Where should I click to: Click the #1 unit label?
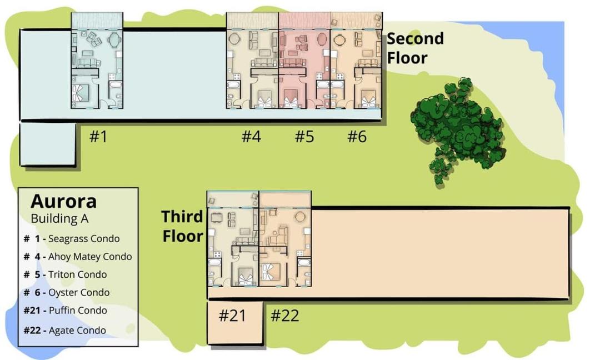tap(98, 136)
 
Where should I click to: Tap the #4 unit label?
tap(252, 136)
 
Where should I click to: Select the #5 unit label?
tap(304, 136)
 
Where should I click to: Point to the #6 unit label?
tap(357, 136)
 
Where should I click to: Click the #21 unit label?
tap(232, 316)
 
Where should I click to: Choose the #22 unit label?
tap(284, 316)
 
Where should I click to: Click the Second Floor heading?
tap(415, 48)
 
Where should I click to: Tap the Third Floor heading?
tap(183, 226)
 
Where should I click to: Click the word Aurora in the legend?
tap(63, 201)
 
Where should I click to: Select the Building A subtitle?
tap(59, 218)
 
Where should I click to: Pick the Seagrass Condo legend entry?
tap(72, 239)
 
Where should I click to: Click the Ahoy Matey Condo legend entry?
tap(78, 257)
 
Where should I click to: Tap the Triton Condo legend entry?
tap(65, 274)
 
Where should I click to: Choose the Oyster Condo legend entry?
tap(67, 293)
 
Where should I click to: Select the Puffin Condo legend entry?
tap(65, 310)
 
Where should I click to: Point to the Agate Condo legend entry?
tap(64, 330)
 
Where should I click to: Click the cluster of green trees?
tap(457, 128)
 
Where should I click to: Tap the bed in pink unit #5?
tap(291, 99)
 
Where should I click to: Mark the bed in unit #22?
tap(271, 272)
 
